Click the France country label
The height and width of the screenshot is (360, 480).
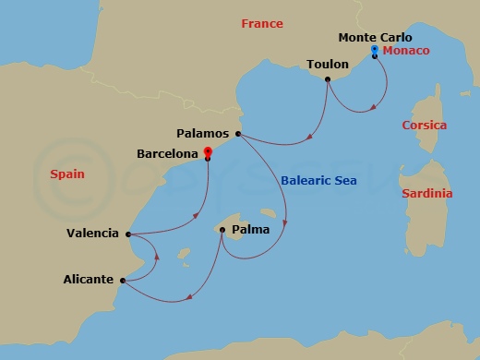[x=261, y=24]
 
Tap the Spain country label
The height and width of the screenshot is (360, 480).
[x=66, y=174]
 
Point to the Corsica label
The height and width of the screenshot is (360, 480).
[x=424, y=126]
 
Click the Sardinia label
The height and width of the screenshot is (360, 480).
[x=426, y=194]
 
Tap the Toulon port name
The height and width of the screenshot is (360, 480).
[x=327, y=65]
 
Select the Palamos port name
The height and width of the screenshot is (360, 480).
[x=205, y=133]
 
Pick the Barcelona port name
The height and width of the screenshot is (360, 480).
[x=168, y=153]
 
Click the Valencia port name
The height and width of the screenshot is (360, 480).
[x=92, y=234]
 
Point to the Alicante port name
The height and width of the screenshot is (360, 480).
[x=89, y=279]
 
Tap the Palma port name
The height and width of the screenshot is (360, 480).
[x=250, y=229]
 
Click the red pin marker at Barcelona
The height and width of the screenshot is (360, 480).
[x=208, y=151]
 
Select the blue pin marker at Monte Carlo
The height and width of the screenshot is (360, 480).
[x=374, y=49]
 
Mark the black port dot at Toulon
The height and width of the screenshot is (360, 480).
[x=328, y=78]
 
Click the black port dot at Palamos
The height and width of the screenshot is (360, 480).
[x=238, y=135]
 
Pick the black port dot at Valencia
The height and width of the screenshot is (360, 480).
[x=127, y=234]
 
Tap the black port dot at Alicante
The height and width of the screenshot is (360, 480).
[x=122, y=280]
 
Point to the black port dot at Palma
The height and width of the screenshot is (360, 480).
[x=222, y=230]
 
